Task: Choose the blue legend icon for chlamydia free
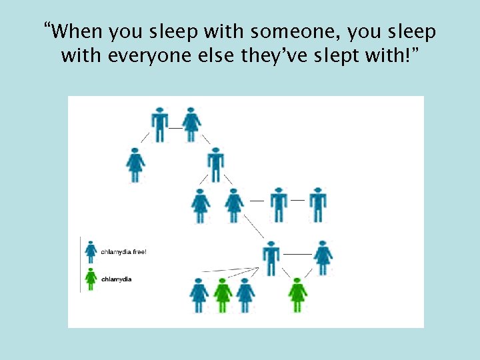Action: coord(91,251)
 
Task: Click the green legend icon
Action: coord(91,278)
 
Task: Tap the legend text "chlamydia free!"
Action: coord(123,252)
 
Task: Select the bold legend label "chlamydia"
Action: coord(117,279)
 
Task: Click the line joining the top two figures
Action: coord(175,127)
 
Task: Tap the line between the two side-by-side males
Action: coord(298,200)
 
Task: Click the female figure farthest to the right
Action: coord(323,257)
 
